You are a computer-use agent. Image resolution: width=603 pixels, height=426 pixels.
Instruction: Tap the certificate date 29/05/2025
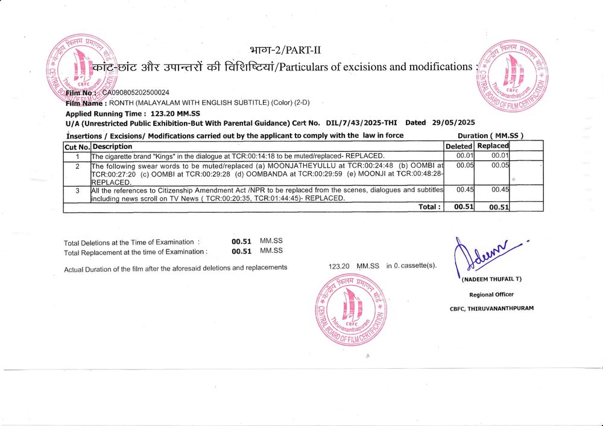coord(454,122)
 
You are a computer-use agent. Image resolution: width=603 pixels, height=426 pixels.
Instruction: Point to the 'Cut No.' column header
coord(77,146)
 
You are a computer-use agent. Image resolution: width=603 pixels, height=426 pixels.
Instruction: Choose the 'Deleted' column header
coord(459,146)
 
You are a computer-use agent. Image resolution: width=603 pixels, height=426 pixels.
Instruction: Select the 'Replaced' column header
coord(493,146)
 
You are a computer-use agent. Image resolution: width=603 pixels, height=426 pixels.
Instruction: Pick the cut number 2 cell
coord(77,166)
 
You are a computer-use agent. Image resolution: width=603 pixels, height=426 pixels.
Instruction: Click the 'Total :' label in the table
coord(429,207)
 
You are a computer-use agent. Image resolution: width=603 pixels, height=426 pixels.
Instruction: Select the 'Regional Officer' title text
coord(491,295)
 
